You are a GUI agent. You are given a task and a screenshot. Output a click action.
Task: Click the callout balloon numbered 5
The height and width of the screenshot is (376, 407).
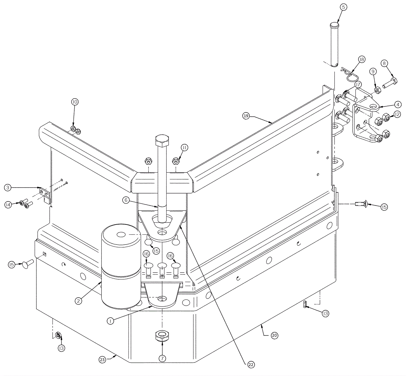343,7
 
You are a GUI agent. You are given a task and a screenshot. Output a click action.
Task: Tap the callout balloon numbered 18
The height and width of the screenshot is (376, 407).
361,59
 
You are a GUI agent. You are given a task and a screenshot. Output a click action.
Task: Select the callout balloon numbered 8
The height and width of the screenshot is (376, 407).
384,63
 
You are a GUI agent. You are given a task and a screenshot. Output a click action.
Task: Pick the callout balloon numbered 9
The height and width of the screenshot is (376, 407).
373,72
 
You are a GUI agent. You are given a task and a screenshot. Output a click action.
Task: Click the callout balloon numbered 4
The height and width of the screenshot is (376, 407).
398,104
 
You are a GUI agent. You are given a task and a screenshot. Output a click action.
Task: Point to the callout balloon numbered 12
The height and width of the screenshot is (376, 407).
397,115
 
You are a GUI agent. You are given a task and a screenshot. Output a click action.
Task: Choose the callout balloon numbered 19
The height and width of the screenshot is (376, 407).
246,116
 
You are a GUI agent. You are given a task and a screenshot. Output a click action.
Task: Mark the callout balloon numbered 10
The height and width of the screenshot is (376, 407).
75,102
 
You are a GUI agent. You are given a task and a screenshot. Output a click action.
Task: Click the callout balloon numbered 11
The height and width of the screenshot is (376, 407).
184,148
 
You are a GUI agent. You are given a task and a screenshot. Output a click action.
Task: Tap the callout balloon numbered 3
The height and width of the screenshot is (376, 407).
8,188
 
